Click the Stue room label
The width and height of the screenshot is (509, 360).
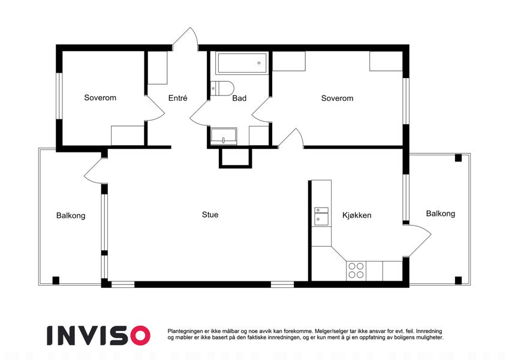210,214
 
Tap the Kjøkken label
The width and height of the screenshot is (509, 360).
357,215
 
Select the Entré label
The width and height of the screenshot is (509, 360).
177,98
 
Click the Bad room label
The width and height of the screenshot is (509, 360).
239,98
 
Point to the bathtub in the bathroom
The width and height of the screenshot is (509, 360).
242,63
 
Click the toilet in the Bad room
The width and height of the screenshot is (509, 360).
222,88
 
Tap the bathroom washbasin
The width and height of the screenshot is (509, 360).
224,136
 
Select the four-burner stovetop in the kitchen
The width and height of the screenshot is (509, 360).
356,271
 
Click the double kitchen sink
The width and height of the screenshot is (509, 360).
321,217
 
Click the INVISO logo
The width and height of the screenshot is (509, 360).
99,335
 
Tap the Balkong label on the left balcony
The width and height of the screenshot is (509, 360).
71,215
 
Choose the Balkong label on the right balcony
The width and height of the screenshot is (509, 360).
441,214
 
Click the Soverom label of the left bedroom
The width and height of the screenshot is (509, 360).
100,97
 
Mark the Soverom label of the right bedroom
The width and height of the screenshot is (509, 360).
337,98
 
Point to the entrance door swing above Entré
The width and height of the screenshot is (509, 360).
185,38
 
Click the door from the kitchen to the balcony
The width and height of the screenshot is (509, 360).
420,240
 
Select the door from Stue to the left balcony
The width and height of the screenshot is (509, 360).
95,171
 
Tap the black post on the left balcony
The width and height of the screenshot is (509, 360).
56,280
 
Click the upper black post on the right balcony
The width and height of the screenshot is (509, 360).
458,158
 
